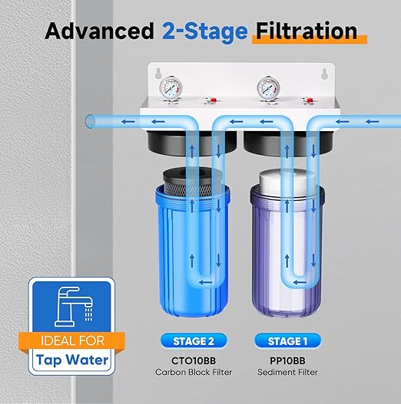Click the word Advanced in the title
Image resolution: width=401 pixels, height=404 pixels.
tap(99, 31)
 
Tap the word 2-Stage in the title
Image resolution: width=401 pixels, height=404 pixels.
tap(204, 31)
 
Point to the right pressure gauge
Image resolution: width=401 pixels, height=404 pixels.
tap(268, 86)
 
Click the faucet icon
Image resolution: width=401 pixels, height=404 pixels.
tap(70, 307)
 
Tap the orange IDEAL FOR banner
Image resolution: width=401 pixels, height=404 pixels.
tap(70, 340)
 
